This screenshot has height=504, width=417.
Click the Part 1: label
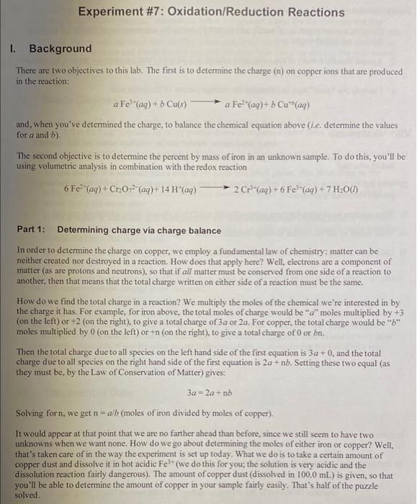click(x=31, y=230)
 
